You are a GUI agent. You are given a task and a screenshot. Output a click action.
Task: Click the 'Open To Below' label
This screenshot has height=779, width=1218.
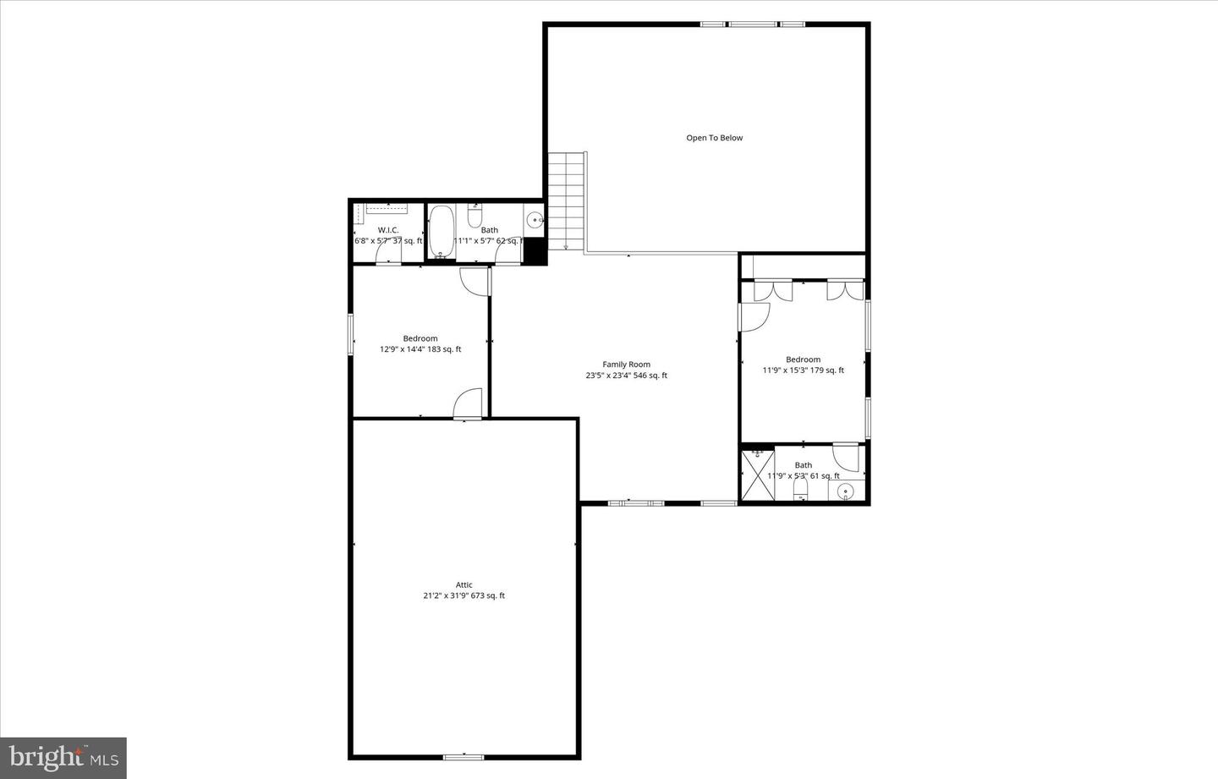(714, 138)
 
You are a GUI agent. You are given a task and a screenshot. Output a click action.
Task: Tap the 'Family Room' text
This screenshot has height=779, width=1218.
(626, 365)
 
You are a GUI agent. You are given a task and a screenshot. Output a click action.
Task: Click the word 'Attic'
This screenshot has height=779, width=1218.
(464, 584)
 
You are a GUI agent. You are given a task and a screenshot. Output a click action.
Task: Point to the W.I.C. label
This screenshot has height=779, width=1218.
(387, 230)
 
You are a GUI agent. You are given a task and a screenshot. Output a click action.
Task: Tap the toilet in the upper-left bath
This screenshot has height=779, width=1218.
(474, 217)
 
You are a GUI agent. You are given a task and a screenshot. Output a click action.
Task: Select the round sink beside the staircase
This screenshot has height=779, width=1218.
(535, 220)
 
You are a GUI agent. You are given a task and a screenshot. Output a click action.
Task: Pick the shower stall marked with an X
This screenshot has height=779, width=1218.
(756, 475)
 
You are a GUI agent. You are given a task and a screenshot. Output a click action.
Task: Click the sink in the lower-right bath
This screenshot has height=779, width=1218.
(845, 491)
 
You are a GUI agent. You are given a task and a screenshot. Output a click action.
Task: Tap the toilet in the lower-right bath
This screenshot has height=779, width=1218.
(800, 492)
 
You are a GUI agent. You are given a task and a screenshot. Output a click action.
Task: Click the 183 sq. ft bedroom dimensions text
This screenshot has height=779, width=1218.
(420, 349)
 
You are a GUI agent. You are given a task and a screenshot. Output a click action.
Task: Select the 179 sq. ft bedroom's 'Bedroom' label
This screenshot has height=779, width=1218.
(803, 359)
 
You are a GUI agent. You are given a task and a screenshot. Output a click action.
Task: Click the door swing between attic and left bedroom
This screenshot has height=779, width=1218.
(469, 404)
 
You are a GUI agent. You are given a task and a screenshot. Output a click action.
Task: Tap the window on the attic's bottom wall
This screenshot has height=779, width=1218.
(464, 756)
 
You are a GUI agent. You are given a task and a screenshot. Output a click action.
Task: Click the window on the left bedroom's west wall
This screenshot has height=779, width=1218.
(352, 333)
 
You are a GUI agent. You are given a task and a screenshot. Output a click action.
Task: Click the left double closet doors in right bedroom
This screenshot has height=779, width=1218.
(772, 288)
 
